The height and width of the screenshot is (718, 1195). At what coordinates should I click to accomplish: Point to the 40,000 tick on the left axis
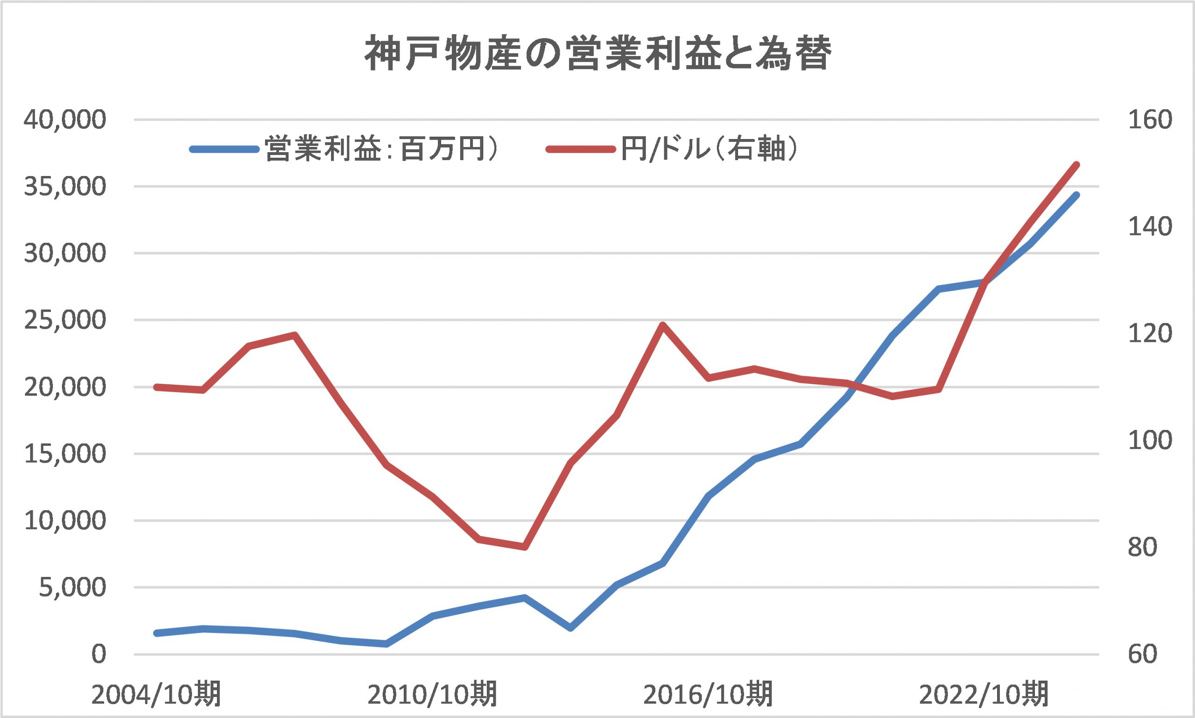pos(64,120)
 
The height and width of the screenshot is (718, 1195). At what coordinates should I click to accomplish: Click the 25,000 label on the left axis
pos(64,320)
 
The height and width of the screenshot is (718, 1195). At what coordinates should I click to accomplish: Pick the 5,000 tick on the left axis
pos(71,587)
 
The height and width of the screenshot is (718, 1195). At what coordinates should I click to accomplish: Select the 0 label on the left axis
pos(98,655)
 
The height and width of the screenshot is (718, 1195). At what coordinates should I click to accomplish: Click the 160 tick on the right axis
pos(1150,120)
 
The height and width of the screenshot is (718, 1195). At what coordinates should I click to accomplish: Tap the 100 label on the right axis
pos(1150,441)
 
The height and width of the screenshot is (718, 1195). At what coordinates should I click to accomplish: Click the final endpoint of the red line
pos(1076,165)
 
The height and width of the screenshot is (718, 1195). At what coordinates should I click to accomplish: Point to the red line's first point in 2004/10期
pos(156,387)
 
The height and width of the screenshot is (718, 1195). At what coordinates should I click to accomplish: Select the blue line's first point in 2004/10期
pos(156,633)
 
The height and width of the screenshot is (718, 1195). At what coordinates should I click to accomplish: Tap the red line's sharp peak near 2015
pos(663,324)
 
